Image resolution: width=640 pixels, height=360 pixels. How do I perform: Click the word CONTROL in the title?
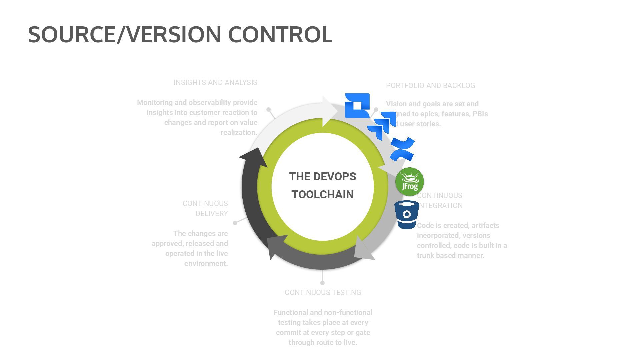pyautogui.click(x=280, y=34)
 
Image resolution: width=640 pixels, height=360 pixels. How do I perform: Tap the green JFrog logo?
pyautogui.click(x=409, y=182)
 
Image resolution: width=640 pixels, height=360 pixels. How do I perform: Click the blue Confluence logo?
pyautogui.click(x=402, y=149)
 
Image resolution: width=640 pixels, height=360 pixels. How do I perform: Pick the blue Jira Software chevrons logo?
pyautogui.click(x=382, y=125)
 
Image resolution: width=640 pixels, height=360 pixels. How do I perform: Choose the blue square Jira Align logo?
pyautogui.click(x=357, y=105)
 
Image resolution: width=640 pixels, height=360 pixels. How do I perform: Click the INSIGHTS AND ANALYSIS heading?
pyautogui.click(x=215, y=83)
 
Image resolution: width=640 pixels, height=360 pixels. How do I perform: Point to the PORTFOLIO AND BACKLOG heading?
pyautogui.click(x=430, y=86)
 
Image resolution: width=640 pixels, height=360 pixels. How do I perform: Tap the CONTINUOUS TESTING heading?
pyautogui.click(x=323, y=293)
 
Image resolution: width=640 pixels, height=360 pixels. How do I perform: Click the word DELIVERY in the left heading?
pyautogui.click(x=212, y=214)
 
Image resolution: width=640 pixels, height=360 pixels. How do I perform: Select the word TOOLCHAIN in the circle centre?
pyautogui.click(x=322, y=195)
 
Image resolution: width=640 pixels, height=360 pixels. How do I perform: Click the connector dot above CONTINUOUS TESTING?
pyautogui.click(x=322, y=283)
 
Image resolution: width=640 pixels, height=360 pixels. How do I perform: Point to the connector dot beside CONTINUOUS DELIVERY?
pyautogui.click(x=235, y=223)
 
